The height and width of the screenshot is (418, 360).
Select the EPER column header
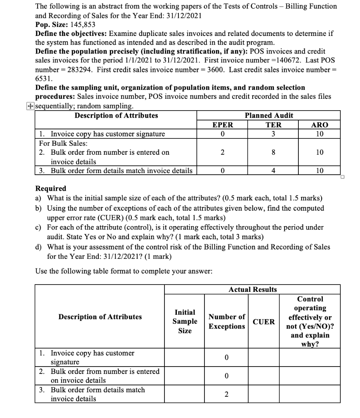tap(223, 125)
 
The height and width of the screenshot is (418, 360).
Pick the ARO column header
tap(320, 125)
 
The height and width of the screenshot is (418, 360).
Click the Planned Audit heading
tap(269, 116)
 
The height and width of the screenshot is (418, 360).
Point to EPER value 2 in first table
tap(223, 152)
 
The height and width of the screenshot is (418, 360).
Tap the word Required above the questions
tap(51, 189)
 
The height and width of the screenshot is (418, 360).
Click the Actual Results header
tap(252, 289)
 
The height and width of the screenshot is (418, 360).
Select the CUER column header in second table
tap(264, 322)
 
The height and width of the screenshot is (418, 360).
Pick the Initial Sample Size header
tap(184, 322)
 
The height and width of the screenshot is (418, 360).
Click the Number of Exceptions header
tap(227, 322)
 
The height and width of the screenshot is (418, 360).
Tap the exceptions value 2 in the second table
tap(227, 394)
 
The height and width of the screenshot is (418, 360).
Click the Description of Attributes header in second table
tap(100, 317)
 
